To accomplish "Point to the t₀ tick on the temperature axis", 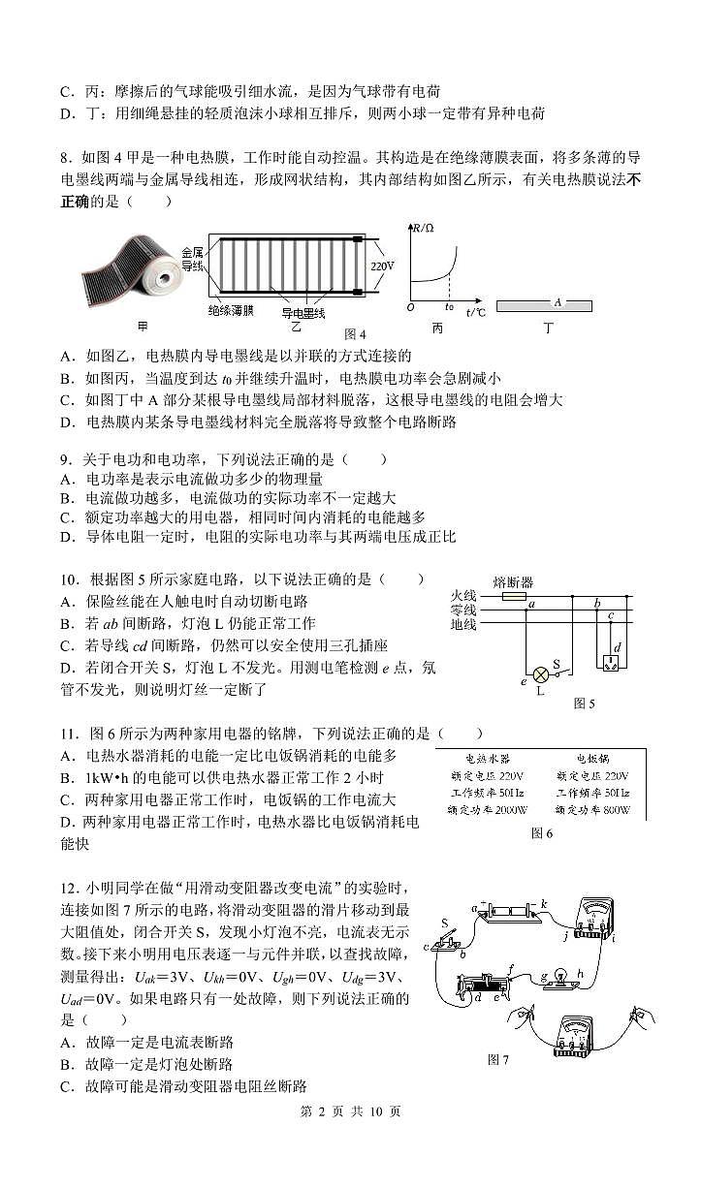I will [x=449, y=307].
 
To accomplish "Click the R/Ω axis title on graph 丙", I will [x=423, y=230].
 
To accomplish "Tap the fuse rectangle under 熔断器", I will [x=514, y=598].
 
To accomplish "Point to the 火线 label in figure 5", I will [x=463, y=596].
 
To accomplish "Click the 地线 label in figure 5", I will [x=463, y=625].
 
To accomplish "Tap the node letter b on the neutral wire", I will [x=597, y=604].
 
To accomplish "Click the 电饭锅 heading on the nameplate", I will [x=589, y=759].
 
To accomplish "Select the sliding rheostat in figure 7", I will [x=485, y=988].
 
